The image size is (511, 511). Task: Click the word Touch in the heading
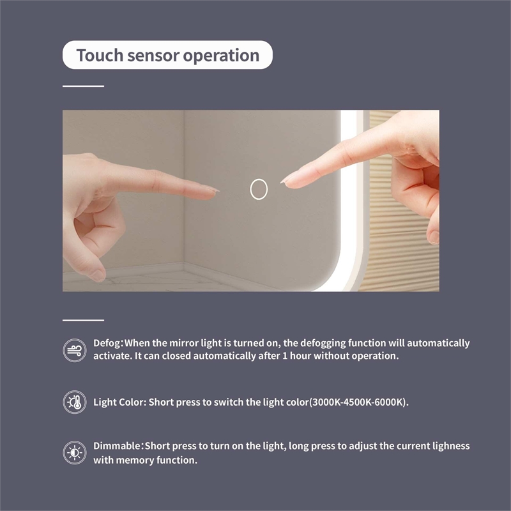[100, 55]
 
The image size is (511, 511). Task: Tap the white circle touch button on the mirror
[259, 189]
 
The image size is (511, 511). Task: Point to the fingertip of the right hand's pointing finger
[282, 181]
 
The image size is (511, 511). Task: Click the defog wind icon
[75, 350]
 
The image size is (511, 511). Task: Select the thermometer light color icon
[75, 402]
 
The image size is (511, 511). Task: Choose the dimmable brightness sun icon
[75, 453]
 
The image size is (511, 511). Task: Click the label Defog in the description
[107, 344]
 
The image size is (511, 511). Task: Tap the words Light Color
[118, 402]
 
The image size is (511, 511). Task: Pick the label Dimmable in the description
[117, 446]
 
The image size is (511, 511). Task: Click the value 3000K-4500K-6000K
[358, 402]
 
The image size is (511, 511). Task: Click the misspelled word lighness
[451, 446]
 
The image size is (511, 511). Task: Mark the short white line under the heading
[84, 86]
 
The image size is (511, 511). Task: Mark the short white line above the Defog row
[84, 321]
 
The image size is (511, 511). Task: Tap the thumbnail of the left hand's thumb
[98, 275]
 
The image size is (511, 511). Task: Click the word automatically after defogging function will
[438, 343]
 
